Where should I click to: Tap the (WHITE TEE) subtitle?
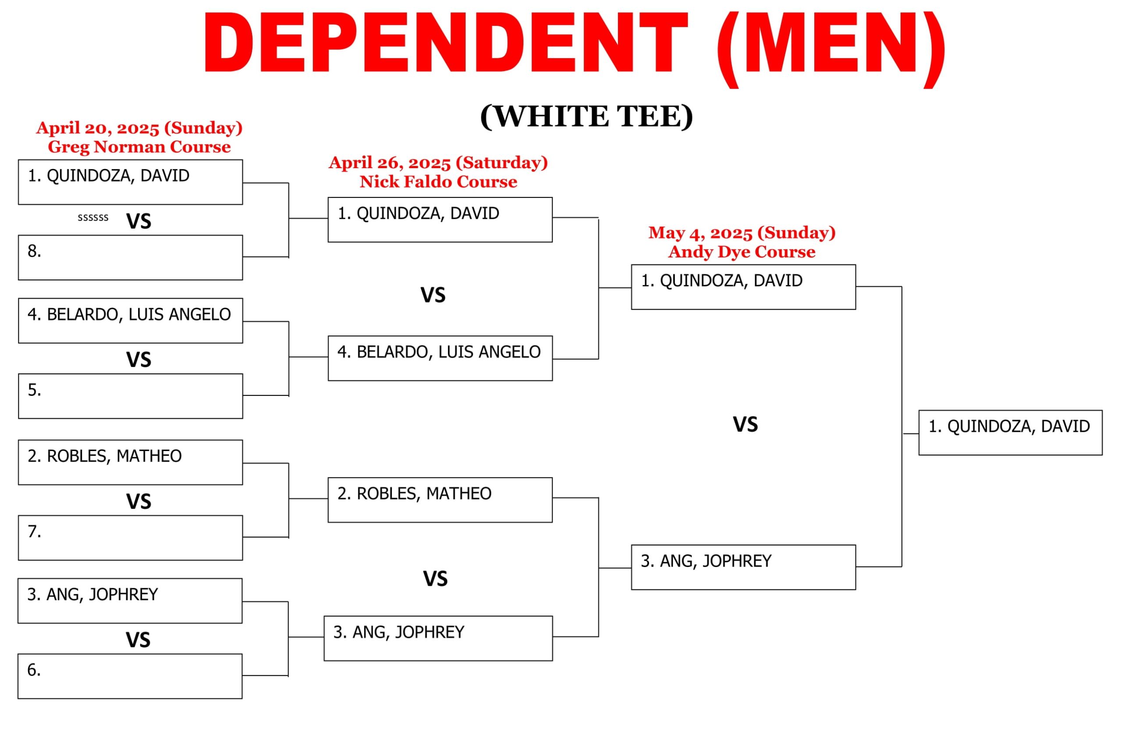(586, 116)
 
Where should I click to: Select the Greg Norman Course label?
(139, 147)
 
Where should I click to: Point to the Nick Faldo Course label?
(438, 182)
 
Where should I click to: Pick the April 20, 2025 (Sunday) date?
(139, 128)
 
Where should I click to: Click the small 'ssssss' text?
(93, 217)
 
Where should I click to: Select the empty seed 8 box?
(131, 257)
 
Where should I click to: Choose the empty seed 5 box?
(131, 396)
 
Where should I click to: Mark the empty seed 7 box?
(131, 538)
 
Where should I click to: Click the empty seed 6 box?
(130, 677)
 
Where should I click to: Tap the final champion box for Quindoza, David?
(1010, 433)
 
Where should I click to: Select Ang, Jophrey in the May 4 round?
(743, 567)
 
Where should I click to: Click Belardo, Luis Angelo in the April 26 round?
(440, 359)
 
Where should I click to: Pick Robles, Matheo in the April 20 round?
(131, 462)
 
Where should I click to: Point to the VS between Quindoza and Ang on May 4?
(746, 425)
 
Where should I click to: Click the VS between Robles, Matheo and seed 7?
(138, 502)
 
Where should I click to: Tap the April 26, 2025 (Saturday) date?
(438, 163)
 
